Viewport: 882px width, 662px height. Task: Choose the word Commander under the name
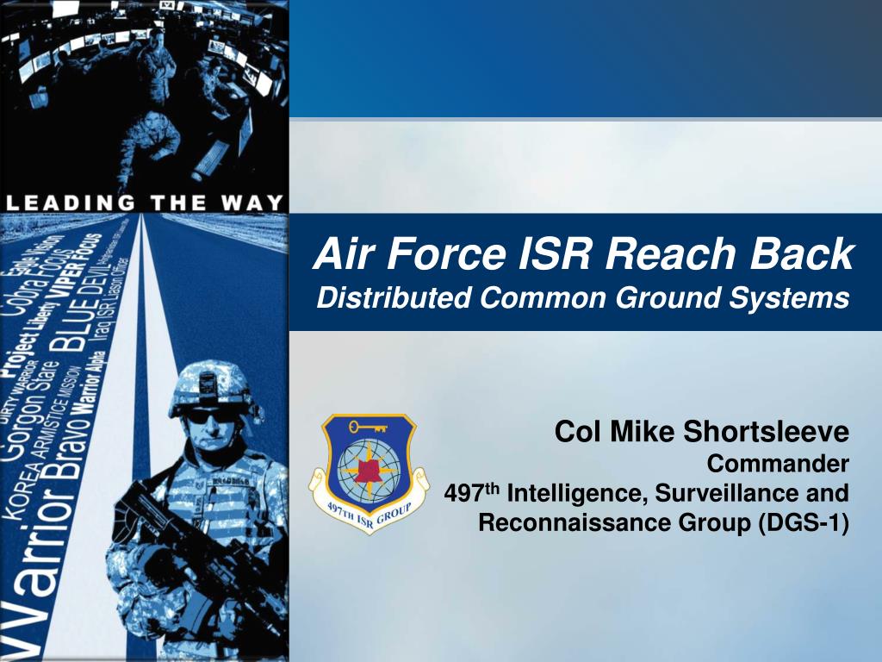tap(778, 465)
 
